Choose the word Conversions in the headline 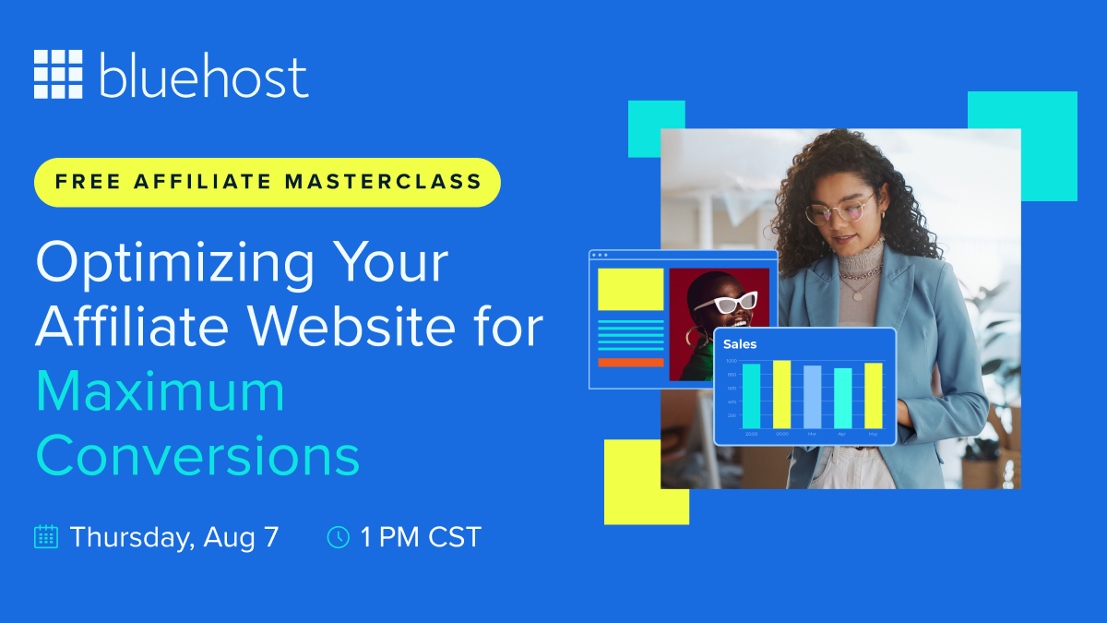coord(197,456)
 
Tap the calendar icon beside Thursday coord(46,536)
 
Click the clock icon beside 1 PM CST coord(339,536)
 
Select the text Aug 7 coord(243,536)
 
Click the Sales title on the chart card coord(740,344)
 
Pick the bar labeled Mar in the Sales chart coord(812,397)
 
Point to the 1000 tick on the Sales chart coord(732,361)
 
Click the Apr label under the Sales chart coord(842,433)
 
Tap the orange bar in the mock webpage coord(630,362)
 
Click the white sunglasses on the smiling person coord(725,304)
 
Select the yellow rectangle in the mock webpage coord(630,290)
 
